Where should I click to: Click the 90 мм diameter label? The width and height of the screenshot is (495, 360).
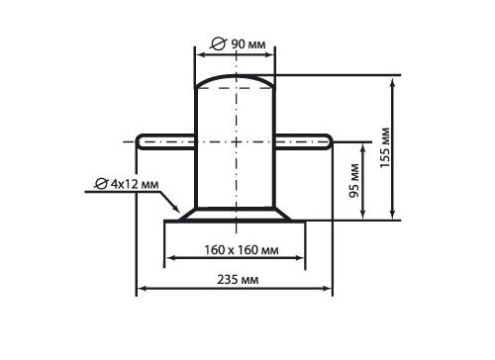click(247, 45)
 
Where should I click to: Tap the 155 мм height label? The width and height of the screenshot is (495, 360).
click(385, 147)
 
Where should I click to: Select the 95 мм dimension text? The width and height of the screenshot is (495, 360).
click(354, 180)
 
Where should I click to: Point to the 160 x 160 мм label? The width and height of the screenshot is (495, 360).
click(242, 250)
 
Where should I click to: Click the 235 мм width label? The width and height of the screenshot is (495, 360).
click(238, 280)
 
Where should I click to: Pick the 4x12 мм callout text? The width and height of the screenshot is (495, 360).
click(135, 184)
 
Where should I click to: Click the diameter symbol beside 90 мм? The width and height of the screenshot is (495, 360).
click(218, 44)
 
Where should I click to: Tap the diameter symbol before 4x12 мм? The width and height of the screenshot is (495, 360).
click(101, 184)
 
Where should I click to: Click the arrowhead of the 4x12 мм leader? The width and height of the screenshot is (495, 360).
click(176, 209)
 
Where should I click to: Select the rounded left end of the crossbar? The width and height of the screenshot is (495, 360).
click(140, 141)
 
